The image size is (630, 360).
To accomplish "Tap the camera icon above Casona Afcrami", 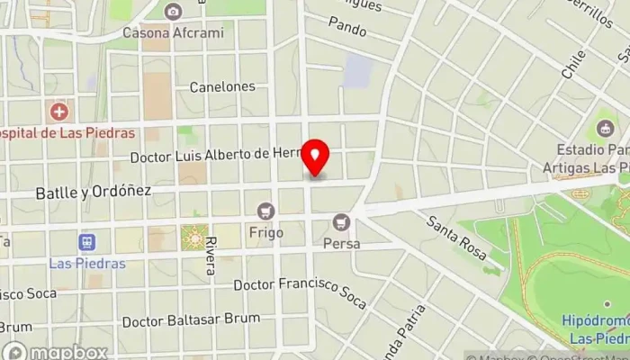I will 173,12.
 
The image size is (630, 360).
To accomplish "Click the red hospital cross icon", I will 59,112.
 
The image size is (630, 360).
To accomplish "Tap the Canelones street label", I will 222,87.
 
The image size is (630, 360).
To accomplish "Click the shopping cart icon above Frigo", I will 265,211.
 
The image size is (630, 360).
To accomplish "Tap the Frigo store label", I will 267,233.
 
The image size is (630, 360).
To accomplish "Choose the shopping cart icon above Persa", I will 340,221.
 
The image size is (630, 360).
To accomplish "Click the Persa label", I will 341,244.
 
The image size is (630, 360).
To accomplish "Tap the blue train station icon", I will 86,242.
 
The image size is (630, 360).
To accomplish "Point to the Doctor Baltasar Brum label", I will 191,320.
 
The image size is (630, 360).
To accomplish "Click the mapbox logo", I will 56,351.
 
